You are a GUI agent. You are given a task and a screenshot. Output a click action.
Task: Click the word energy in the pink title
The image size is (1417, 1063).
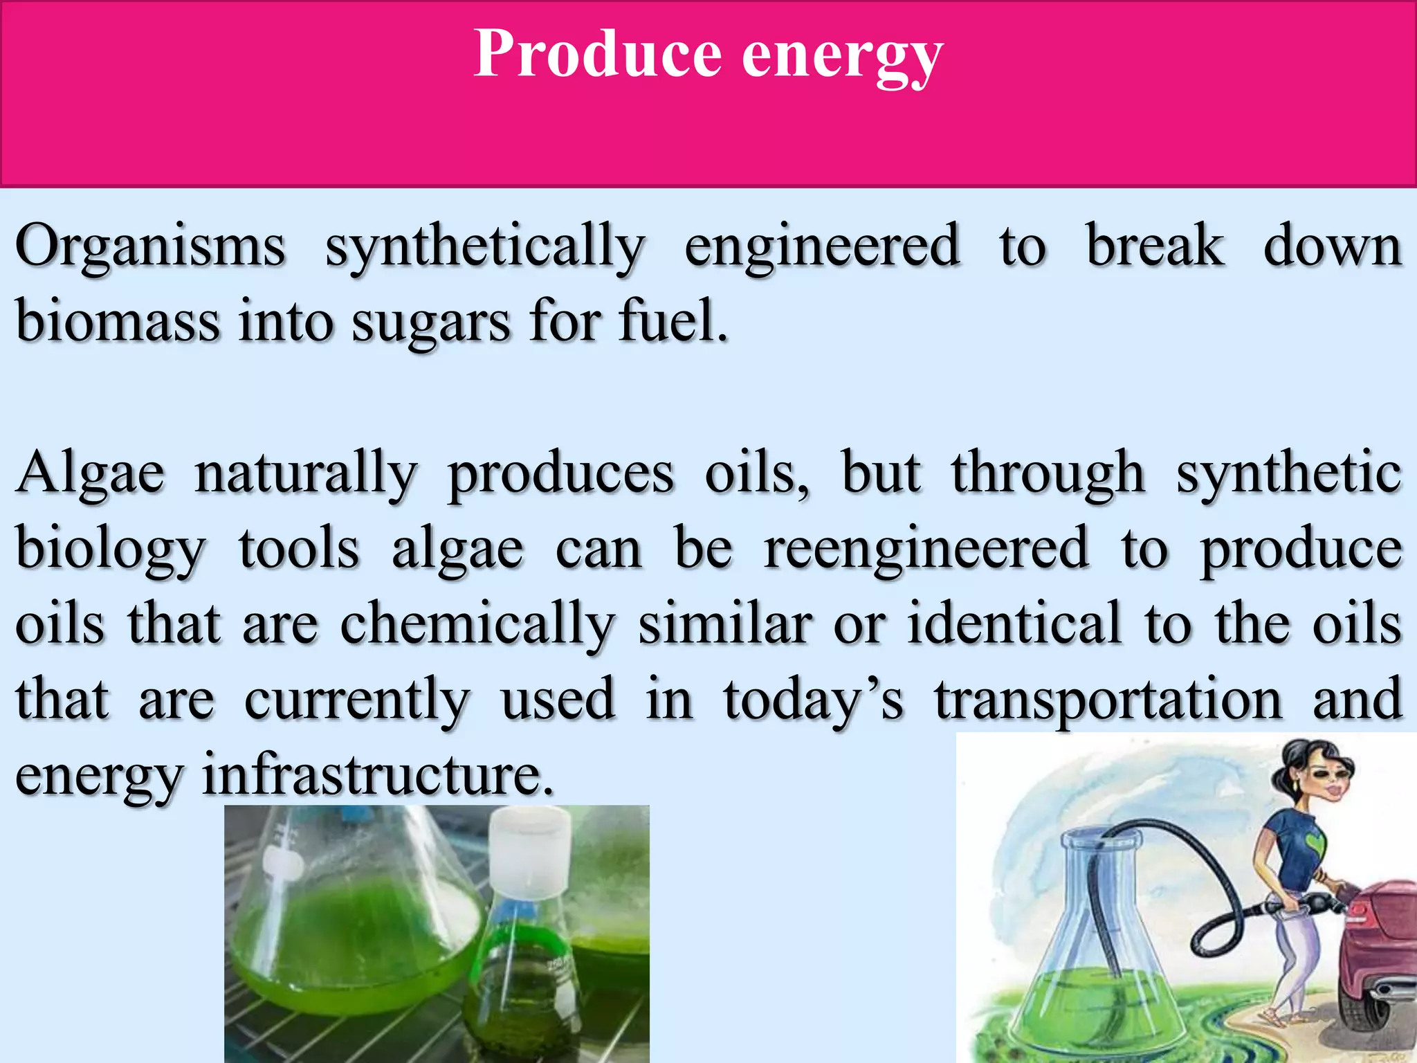click(x=842, y=59)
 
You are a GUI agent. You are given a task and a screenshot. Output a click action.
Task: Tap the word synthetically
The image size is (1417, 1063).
click(x=485, y=249)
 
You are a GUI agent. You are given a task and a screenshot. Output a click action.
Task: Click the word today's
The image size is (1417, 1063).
click(x=813, y=701)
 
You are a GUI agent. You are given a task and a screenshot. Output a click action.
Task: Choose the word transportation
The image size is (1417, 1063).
click(x=1108, y=701)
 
